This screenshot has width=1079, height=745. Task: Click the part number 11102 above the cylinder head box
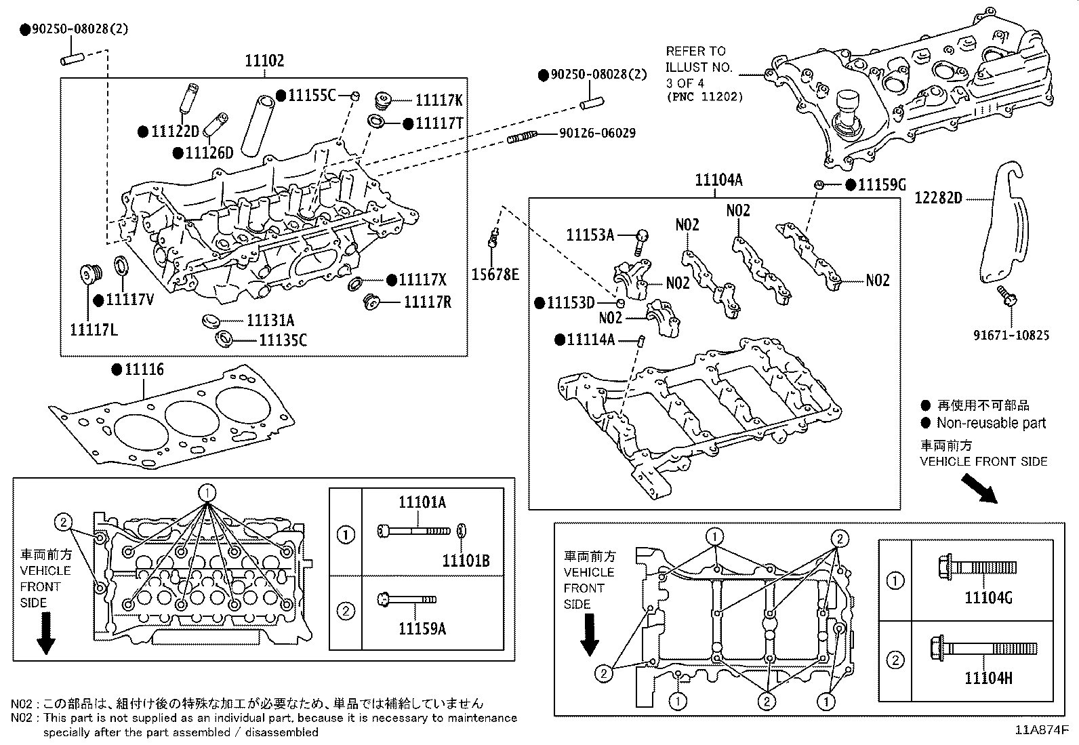pos(264,61)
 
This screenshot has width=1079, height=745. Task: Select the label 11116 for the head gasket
pos(144,370)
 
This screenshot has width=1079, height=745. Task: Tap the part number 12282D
pos(938,198)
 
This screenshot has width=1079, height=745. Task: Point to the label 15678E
pos(495,275)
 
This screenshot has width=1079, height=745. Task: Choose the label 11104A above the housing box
pos(718,180)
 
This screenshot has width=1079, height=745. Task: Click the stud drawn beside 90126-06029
pos(522,137)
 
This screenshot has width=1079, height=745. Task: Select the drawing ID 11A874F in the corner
pos(1041,731)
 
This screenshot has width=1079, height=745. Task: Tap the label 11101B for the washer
pos(466,561)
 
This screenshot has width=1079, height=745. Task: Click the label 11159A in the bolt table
pos(422,629)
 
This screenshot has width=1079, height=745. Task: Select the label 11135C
pos(283,340)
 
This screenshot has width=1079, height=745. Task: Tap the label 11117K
pos(439,100)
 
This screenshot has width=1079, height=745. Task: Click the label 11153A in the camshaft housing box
pos(590,235)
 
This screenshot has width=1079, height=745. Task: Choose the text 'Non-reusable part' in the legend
pos(991,423)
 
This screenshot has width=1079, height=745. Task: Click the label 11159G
pos(882,185)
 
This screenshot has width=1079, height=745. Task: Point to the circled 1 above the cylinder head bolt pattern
pos(207,492)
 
